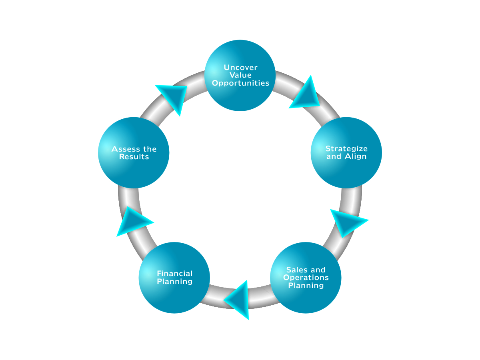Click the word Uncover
[x=240, y=68]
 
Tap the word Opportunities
[x=240, y=83]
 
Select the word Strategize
[x=346, y=149]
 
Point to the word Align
[x=356, y=156]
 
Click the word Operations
[x=306, y=278]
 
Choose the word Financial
[x=174, y=274]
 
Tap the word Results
[x=134, y=157]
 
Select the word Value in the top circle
[x=240, y=75]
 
